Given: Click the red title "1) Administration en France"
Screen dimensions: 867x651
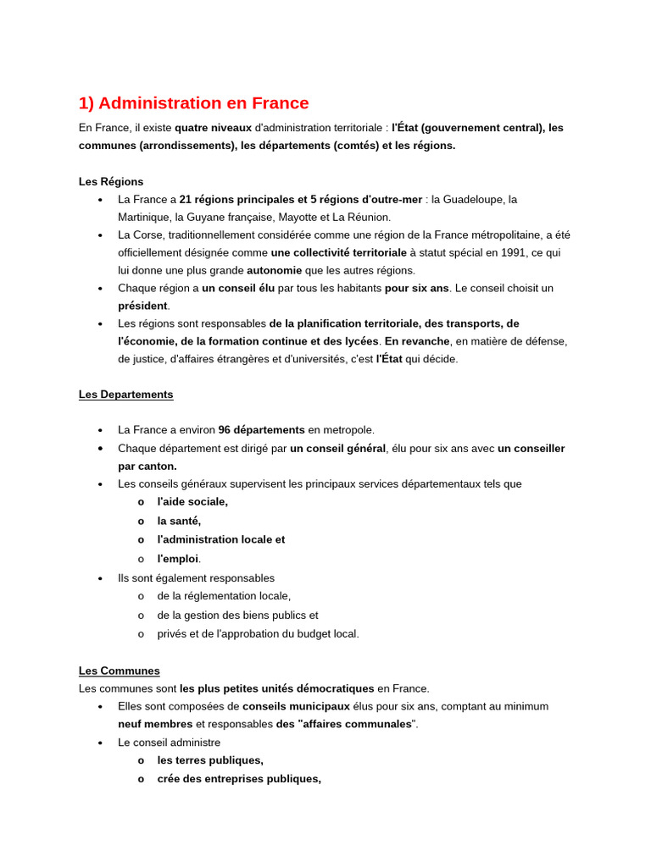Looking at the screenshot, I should (193, 103).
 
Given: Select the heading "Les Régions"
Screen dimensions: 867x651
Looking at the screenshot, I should (111, 181).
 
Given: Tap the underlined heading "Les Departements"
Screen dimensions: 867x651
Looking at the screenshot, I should (125, 395).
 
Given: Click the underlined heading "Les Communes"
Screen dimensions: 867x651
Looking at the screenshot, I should (119, 671).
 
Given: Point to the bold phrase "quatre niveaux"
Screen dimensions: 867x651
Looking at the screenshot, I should (213, 128).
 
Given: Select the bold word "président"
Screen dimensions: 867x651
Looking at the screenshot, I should (142, 306).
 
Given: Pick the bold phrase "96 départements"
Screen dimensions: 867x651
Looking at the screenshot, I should (261, 430).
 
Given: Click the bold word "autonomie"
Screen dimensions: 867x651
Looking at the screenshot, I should (274, 270).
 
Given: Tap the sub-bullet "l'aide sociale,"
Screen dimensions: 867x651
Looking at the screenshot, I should (192, 501).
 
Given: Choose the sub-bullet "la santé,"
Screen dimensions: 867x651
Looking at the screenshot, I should (179, 521).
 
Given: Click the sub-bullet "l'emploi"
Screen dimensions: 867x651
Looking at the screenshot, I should (178, 559).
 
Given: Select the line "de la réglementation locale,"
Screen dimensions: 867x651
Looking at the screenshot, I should (224, 596).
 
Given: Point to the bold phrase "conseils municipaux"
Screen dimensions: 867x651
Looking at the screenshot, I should (296, 706).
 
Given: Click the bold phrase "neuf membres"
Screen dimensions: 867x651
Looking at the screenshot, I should (155, 724).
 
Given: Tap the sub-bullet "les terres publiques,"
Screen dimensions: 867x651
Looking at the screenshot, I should (210, 760).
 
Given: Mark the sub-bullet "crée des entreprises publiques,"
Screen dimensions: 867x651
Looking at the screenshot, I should (239, 779).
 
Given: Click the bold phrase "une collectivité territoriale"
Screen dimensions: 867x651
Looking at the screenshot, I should (338, 252).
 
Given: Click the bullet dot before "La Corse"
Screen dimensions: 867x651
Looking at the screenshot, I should (100, 235).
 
